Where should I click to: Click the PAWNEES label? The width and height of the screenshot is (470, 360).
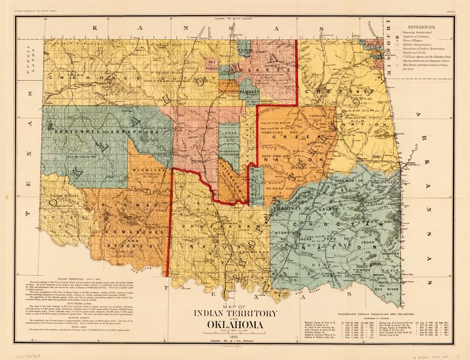(x=245, y=93)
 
